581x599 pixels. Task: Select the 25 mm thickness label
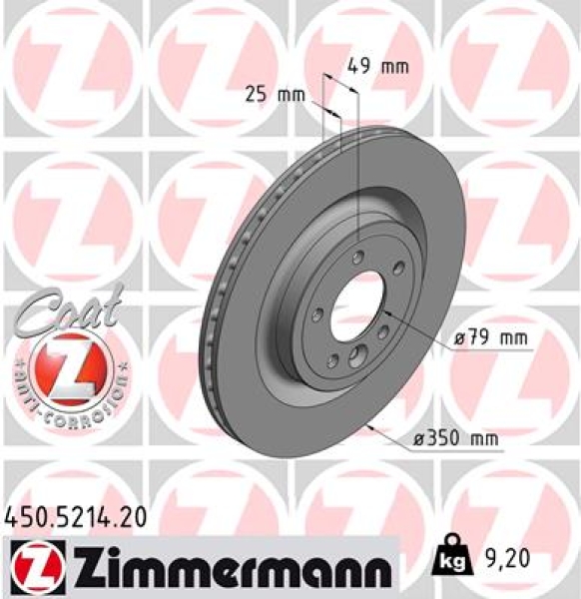[x=275, y=96]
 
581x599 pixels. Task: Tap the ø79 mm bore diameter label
[x=489, y=339]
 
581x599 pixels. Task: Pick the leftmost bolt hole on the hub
[x=316, y=314]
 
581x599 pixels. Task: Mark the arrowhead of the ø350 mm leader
[x=370, y=426]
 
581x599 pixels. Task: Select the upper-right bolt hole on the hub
[x=396, y=267]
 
